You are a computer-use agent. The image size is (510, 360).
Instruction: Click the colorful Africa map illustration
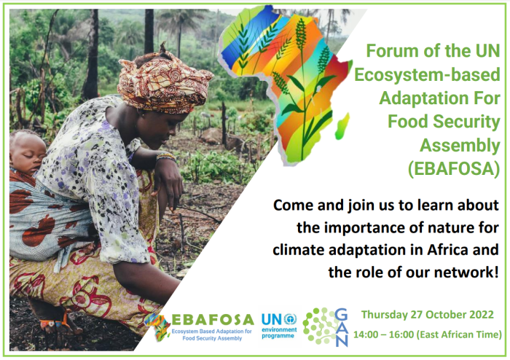(287, 80)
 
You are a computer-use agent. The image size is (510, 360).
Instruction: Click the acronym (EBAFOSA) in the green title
(454, 170)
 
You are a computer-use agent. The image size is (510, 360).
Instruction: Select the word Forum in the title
(393, 52)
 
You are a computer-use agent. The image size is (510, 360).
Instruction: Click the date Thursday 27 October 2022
(427, 315)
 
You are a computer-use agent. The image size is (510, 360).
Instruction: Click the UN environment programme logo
(278, 326)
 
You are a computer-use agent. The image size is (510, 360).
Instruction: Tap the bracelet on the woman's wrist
(165, 156)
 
